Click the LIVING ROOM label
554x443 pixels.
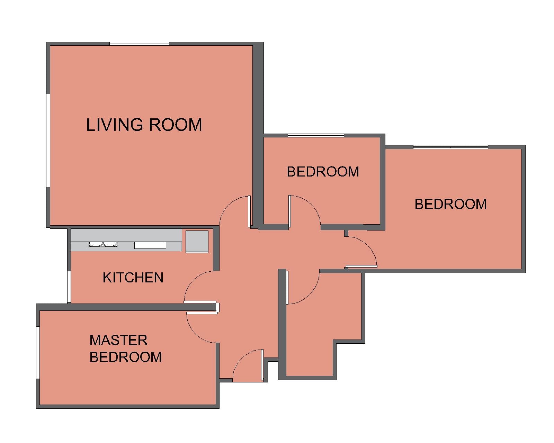coord(144,125)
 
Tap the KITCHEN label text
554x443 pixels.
coord(133,278)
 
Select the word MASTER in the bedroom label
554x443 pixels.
coord(118,340)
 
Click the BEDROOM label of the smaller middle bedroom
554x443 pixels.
coord(323,172)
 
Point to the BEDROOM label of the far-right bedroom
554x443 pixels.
coord(450,204)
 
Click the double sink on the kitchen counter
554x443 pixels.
coord(102,244)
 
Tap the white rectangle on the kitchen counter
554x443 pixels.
coord(150,245)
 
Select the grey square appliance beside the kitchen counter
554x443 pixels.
coord(197,242)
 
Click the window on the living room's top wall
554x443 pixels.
coord(140,44)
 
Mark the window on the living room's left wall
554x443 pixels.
coord(48,141)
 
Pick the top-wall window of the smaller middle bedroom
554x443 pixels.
coord(316,135)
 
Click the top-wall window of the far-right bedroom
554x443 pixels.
coord(450,147)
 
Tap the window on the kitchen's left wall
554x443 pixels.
coord(69,287)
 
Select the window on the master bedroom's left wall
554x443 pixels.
coord(38,353)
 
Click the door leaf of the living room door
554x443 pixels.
coord(249,211)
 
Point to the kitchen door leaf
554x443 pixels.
coord(200,302)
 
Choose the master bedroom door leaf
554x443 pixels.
coord(202,313)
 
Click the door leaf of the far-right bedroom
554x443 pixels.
coord(361,266)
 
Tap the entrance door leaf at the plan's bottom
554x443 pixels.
coord(262,365)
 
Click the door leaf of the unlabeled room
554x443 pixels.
coord(287,288)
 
